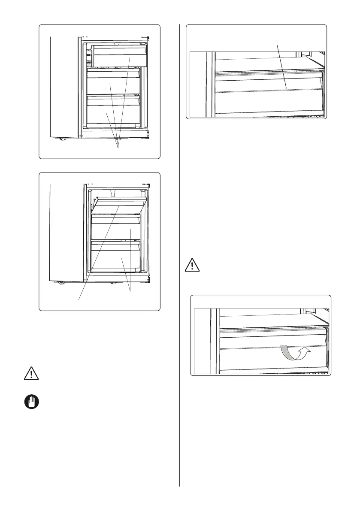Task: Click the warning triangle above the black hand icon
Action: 31,373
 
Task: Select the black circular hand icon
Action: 31,402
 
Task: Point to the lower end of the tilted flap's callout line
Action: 79,299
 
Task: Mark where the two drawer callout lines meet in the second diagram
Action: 130,292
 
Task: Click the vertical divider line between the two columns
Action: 179,257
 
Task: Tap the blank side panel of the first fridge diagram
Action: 64,86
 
